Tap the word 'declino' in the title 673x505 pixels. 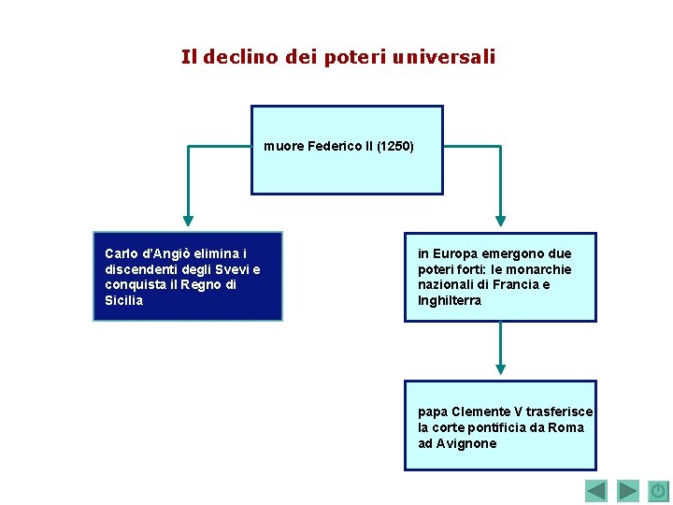237,57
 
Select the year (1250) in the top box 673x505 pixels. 395,147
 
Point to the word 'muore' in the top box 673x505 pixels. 282,147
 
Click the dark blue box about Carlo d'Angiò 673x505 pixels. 187,277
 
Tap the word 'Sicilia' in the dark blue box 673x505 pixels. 124,301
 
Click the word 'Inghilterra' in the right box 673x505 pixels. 450,301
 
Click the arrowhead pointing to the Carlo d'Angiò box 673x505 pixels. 189,222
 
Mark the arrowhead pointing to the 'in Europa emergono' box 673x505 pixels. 500,222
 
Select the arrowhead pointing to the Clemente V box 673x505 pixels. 500,369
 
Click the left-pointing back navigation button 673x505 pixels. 596,491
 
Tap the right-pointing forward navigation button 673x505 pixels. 628,491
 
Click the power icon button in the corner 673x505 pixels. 658,491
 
